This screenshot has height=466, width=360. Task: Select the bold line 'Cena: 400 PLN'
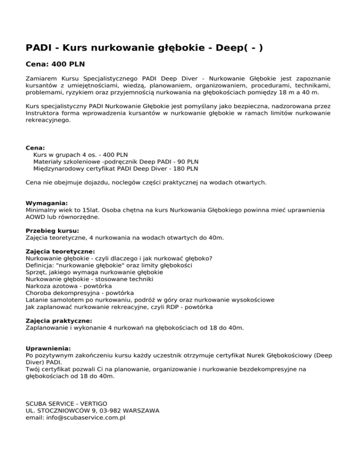tap(55, 63)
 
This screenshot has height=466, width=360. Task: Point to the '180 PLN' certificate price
tap(186, 168)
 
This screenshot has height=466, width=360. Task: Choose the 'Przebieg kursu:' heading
tap(52, 231)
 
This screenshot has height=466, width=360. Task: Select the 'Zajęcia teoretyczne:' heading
tap(60, 251)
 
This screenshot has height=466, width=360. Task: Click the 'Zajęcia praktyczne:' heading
tap(59, 321)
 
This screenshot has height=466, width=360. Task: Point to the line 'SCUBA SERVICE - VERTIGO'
tap(67, 403)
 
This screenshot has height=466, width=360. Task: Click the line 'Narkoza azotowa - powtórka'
tap(69, 286)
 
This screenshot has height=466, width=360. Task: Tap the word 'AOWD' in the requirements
tap(36, 217)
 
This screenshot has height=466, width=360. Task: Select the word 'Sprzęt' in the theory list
tap(37, 272)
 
